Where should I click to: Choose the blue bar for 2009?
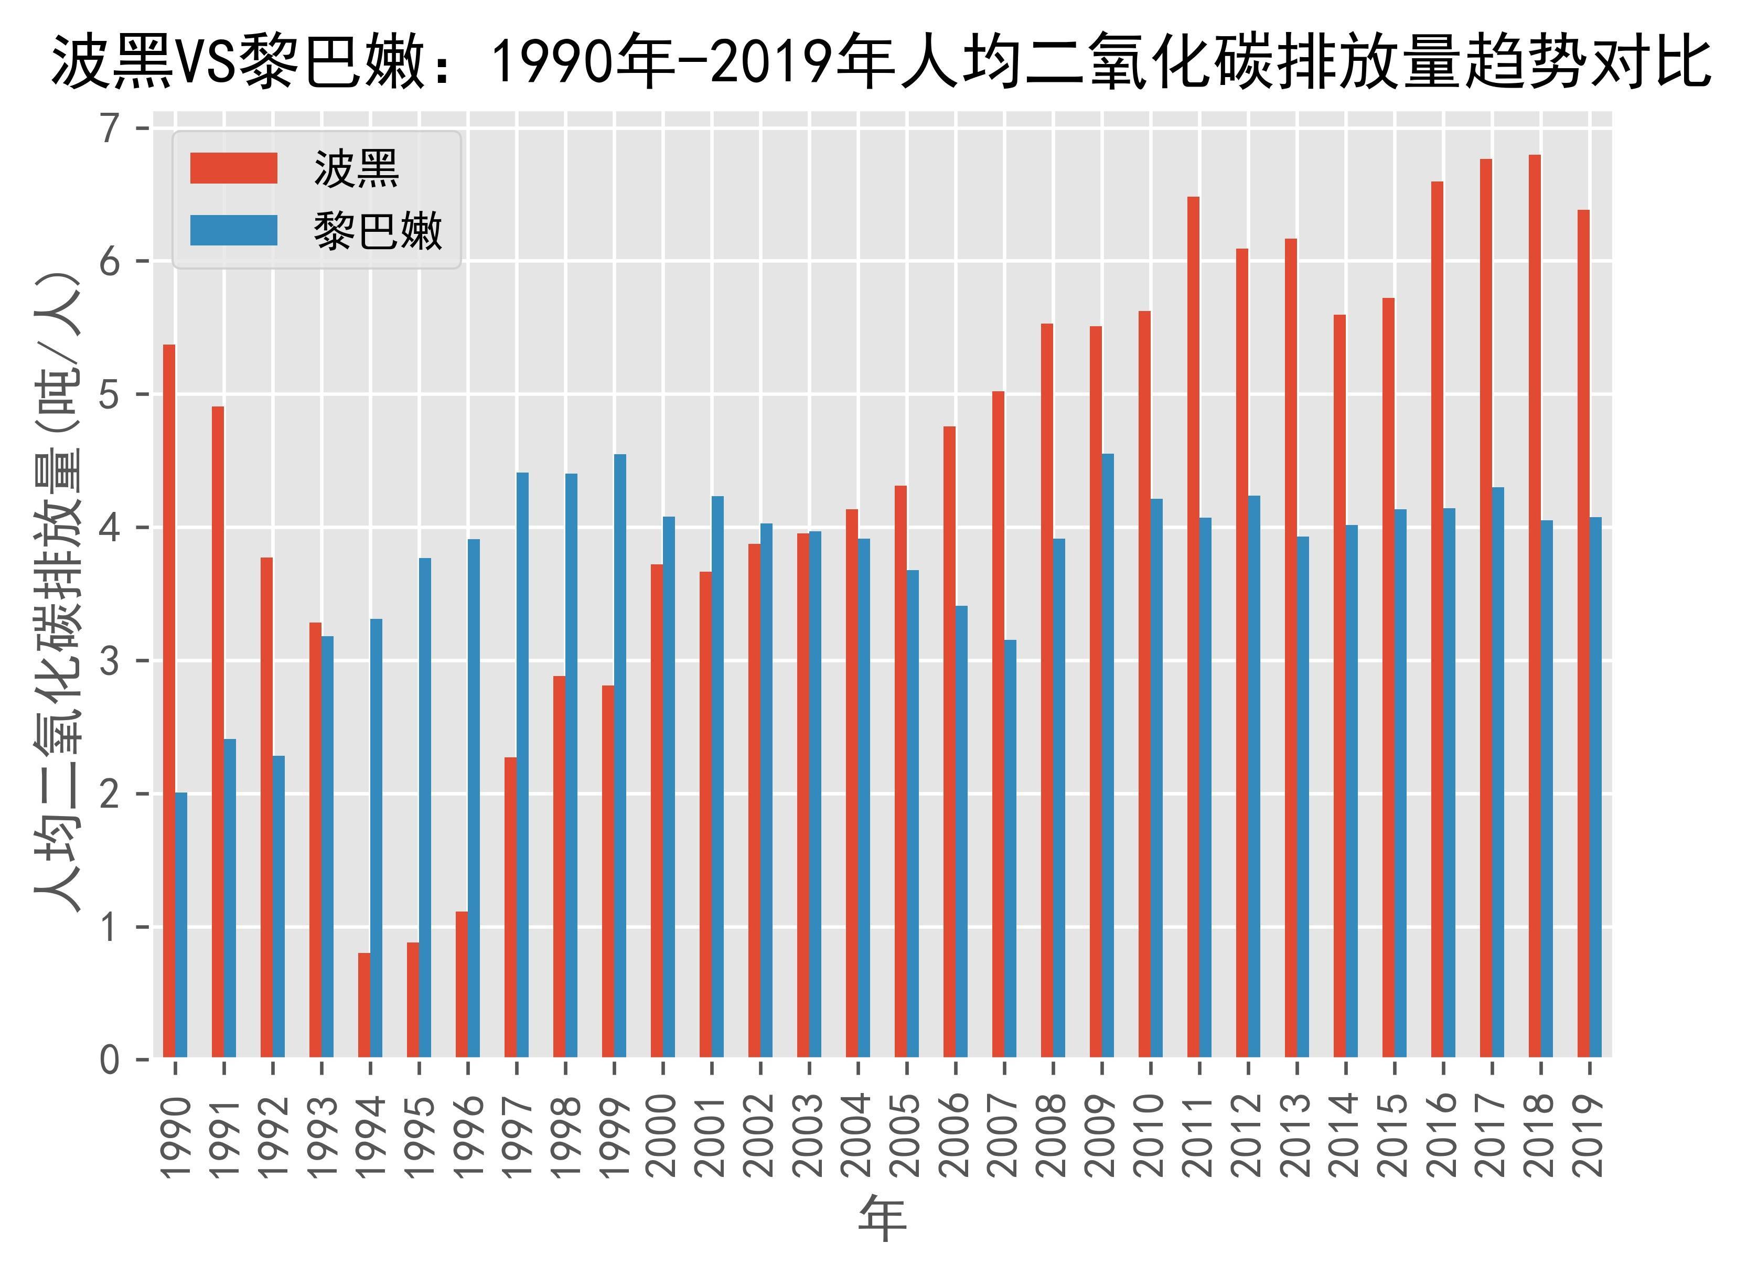pos(1108,756)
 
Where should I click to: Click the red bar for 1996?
pos(462,984)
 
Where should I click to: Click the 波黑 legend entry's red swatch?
pos(234,168)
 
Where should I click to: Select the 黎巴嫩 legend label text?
pos(378,231)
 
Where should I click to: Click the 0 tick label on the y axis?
pos(110,1060)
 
